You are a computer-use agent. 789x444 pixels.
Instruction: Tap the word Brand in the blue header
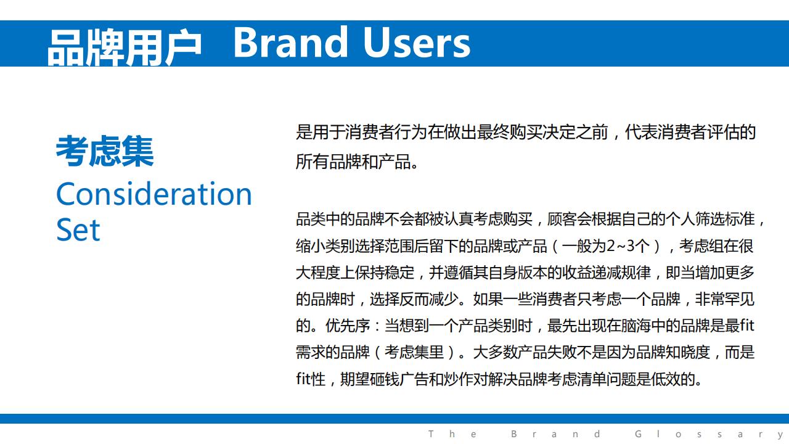[x=290, y=43]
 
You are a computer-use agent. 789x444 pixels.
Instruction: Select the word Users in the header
[x=417, y=43]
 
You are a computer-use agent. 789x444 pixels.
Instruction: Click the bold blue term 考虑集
[x=105, y=151]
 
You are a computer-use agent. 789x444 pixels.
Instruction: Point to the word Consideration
[x=154, y=194]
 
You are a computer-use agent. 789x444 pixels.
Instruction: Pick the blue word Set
[x=78, y=229]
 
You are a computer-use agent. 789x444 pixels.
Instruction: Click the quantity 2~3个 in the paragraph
[x=628, y=245]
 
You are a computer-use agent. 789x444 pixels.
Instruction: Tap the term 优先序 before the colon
[x=348, y=326]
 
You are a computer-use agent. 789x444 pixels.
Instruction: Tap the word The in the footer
[x=452, y=434]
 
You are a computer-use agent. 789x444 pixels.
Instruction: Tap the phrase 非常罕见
[x=724, y=299]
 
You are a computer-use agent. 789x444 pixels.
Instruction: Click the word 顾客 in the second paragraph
[x=562, y=219]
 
